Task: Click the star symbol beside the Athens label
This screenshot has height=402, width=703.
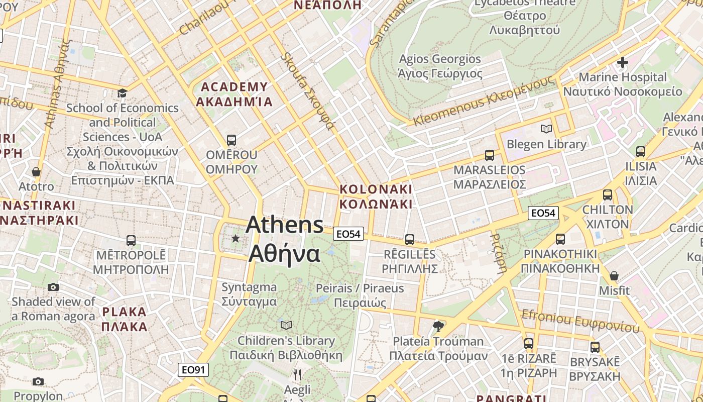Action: (x=235, y=238)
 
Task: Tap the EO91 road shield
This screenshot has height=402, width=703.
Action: (x=193, y=370)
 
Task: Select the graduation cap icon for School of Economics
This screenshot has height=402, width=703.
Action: (x=122, y=93)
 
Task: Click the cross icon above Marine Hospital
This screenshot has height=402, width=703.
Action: (x=623, y=62)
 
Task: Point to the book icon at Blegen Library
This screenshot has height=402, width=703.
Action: (x=546, y=129)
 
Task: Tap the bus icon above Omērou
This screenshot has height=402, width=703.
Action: (x=231, y=140)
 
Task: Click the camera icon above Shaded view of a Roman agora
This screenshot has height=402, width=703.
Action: (x=53, y=287)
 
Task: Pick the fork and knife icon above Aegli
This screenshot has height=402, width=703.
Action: (x=297, y=374)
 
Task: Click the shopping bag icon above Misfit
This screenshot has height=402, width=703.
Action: (x=614, y=276)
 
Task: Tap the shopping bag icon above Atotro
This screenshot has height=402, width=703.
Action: (x=36, y=172)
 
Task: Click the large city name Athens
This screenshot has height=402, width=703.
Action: (x=285, y=225)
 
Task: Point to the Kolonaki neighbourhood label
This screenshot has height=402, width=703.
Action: (x=376, y=196)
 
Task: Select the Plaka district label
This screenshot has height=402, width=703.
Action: (x=124, y=319)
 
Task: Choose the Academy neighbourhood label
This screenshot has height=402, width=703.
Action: (x=234, y=94)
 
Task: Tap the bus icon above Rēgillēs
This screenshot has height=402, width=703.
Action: (x=410, y=239)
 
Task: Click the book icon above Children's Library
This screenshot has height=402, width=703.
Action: (x=286, y=326)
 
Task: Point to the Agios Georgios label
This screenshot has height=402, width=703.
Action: (x=440, y=66)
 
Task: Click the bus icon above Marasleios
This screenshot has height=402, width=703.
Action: (x=490, y=155)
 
